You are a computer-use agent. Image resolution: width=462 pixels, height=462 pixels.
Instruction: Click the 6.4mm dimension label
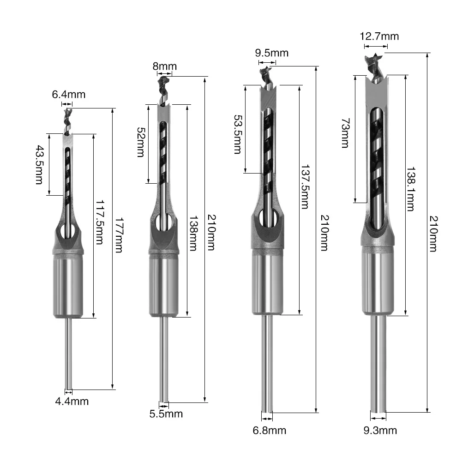(68, 95)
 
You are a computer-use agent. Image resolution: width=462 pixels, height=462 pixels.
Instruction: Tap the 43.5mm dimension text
(40, 165)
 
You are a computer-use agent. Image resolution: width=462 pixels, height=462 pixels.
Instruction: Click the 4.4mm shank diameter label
(72, 401)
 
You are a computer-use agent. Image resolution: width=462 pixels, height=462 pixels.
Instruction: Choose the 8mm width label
(165, 66)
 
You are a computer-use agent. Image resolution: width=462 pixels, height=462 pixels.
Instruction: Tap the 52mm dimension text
(140, 143)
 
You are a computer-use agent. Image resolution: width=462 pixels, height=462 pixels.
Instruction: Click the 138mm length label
(194, 233)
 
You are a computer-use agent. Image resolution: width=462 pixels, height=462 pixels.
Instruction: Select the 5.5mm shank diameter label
(166, 414)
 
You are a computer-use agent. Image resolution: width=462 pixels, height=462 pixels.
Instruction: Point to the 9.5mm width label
(272, 53)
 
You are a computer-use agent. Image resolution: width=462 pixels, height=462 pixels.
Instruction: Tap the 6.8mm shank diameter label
(269, 431)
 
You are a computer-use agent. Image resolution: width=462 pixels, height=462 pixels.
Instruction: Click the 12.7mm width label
(379, 36)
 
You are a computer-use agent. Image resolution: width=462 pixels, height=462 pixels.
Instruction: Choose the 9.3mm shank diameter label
(380, 431)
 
